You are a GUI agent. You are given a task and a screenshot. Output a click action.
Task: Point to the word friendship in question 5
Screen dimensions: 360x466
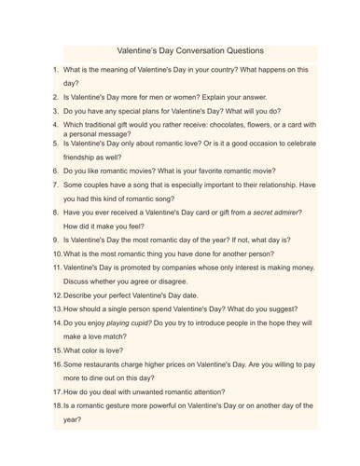[x=84, y=158]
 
